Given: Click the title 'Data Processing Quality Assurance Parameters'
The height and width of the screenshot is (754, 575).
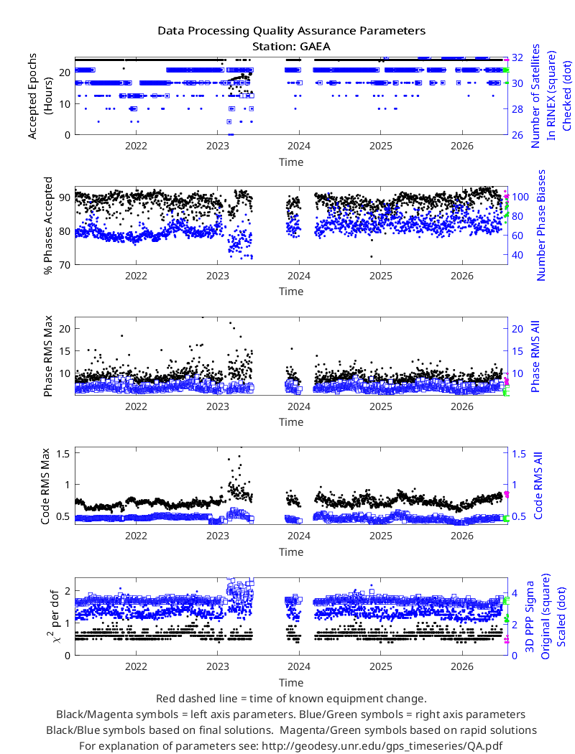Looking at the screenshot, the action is point(292,31).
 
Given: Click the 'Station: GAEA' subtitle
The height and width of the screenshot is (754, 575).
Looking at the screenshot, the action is point(292,47).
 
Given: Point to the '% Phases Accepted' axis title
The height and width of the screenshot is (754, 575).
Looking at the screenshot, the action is point(48,225).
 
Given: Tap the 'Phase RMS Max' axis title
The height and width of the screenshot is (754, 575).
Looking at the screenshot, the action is point(48,356).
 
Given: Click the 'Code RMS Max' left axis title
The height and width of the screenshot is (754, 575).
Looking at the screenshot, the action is point(45,486).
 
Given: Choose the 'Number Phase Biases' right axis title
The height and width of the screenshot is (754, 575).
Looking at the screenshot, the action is point(541,225).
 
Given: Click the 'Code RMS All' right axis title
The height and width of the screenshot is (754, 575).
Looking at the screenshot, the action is point(538,485).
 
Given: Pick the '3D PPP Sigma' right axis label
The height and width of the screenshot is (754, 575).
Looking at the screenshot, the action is point(530,616).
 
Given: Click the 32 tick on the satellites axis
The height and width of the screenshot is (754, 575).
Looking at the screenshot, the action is point(517,57).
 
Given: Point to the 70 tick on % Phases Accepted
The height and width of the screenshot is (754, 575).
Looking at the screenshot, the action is point(65,265).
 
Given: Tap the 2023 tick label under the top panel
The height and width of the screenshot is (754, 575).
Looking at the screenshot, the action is point(218,146).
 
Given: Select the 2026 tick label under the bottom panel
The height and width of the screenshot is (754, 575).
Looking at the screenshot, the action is point(462,666).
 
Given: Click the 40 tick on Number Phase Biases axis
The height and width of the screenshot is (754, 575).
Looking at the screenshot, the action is point(517,255).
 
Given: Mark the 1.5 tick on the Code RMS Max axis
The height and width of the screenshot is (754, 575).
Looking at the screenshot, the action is point(63,453).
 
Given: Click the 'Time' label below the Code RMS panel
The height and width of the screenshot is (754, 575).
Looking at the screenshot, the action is point(291,552).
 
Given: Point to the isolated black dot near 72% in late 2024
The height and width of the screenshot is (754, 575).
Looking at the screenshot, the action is point(372,256).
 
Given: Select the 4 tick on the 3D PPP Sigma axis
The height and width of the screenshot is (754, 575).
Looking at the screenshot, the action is point(515,593).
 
